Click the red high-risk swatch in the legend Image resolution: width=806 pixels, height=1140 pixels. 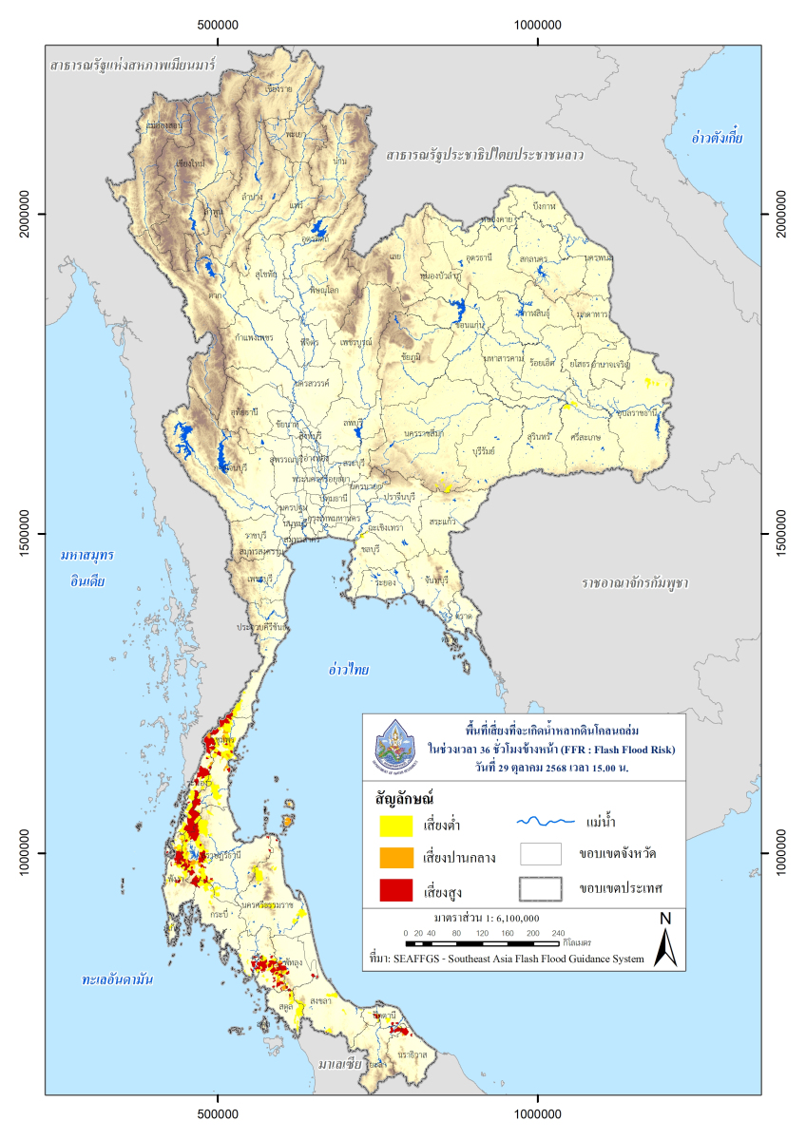point(395,890)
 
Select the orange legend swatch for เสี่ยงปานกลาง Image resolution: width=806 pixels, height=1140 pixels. point(395,857)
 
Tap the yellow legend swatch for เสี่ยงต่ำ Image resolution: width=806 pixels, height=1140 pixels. point(395,824)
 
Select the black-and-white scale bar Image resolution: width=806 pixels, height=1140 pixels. point(484,943)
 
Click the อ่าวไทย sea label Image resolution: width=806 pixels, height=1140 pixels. point(348,670)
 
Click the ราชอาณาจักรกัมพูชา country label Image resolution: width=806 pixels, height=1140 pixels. point(634,580)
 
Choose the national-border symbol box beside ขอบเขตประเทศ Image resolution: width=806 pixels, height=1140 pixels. point(547,888)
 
